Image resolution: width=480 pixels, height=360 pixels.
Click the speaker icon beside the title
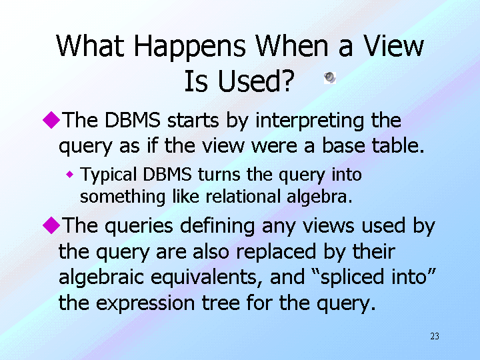(330, 78)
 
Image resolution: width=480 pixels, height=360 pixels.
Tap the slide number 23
(435, 337)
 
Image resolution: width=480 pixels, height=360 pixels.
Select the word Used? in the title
(256, 81)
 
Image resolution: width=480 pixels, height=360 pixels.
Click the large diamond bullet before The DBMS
(51, 120)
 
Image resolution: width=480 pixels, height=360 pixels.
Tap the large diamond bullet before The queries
(51, 225)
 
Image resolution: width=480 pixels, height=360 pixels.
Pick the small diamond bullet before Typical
(70, 175)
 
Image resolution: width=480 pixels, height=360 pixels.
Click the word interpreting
(309, 121)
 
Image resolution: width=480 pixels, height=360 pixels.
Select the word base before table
(343, 145)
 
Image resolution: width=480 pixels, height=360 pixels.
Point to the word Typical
(109, 176)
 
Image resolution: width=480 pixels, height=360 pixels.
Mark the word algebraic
(101, 278)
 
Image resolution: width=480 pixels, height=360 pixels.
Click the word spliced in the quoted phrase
(353, 278)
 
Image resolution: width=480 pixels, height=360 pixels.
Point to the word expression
(145, 304)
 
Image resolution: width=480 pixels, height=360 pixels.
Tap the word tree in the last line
(221, 303)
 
